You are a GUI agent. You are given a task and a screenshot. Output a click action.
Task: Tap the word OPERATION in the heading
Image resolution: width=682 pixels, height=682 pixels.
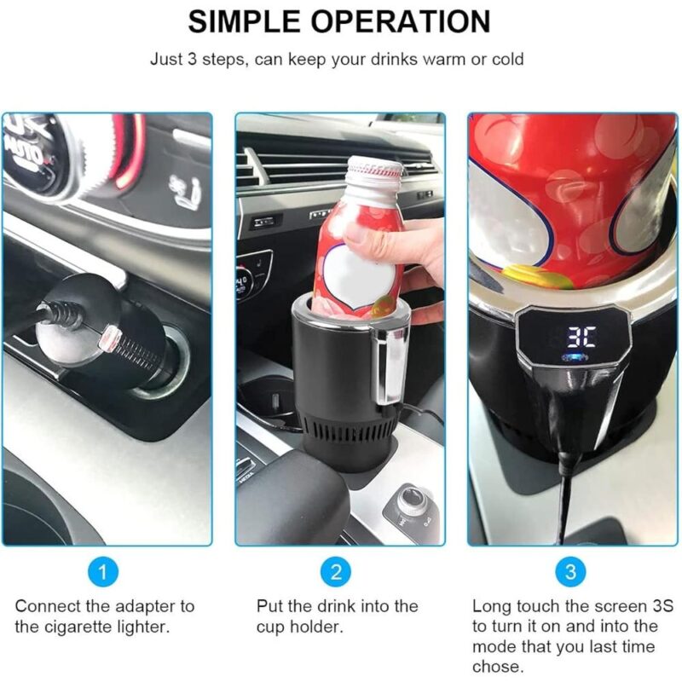pos(401,21)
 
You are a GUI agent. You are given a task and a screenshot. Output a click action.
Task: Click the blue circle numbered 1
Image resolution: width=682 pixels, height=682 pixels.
pos(103,571)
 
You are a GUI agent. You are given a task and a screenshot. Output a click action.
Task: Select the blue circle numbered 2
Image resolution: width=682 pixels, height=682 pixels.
pos(336,571)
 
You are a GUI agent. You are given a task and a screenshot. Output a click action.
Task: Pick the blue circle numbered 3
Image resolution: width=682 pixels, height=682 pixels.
pos(571,571)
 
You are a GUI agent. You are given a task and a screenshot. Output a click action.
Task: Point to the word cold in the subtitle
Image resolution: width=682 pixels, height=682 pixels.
pos(507,59)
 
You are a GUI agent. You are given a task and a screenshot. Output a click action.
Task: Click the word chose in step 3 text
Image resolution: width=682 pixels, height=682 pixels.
pos(497,667)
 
